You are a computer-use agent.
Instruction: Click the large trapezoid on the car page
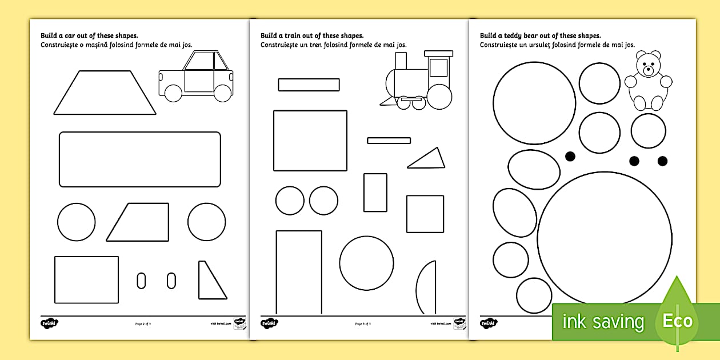(105, 93)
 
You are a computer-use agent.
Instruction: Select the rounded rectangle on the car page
(140, 159)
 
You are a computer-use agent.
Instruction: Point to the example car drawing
(195, 77)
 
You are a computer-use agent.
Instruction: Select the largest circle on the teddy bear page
(605, 238)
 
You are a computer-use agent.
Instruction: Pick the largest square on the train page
(310, 141)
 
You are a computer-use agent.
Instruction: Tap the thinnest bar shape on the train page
(389, 140)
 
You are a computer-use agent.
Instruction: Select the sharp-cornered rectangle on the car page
(86, 279)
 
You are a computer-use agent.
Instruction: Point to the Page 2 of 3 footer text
(143, 324)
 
